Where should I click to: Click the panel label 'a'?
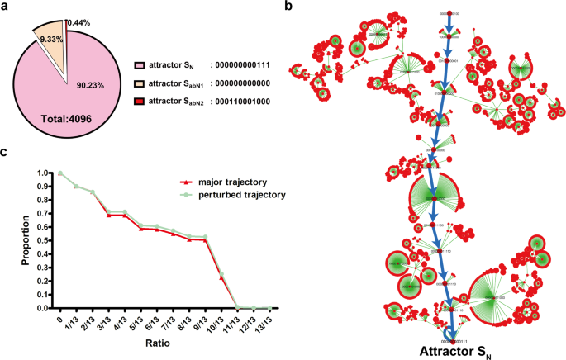(5, 7)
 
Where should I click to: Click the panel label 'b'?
(288, 7)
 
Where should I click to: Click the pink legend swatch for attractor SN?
(139, 64)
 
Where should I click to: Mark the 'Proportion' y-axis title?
(11, 239)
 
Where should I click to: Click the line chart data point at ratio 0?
(59, 173)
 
